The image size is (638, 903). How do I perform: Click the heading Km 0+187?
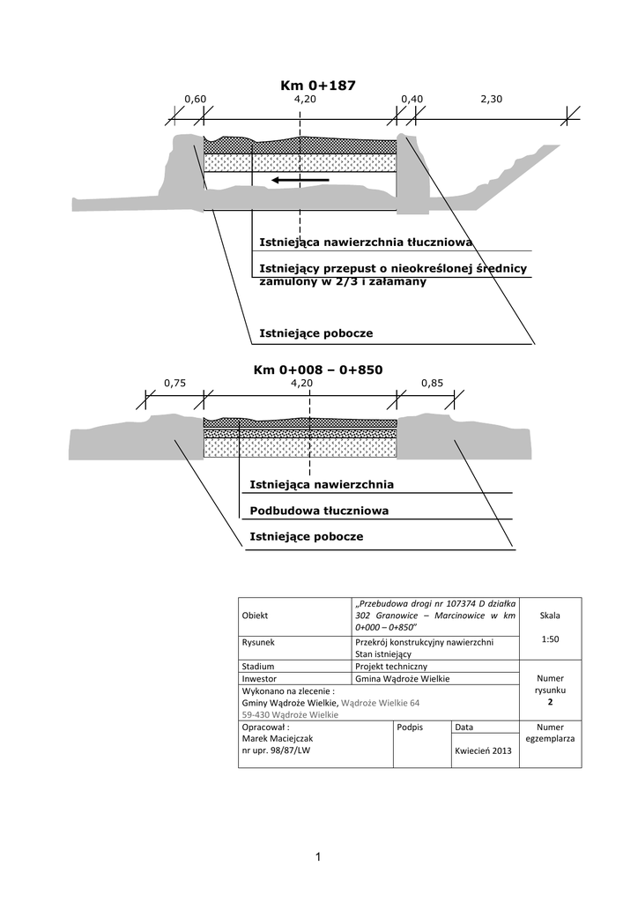click(318, 85)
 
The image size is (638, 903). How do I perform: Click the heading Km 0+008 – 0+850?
click(318, 369)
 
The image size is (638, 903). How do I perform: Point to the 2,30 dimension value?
click(491, 100)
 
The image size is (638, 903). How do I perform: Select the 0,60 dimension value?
click(195, 100)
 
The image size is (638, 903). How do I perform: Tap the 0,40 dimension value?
click(412, 100)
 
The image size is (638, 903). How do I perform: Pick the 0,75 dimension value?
click(175, 384)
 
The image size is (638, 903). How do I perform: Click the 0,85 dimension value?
click(432, 384)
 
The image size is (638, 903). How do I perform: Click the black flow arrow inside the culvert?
click(300, 180)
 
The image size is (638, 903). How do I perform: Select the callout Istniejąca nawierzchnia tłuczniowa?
click(366, 242)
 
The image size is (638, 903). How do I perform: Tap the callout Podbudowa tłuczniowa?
click(319, 511)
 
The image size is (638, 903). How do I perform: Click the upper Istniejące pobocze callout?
click(315, 333)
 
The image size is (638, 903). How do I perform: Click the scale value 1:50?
click(550, 639)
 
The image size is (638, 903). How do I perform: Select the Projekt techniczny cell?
click(390, 667)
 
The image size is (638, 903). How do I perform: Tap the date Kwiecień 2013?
click(483, 750)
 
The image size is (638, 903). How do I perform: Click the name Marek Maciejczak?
click(278, 738)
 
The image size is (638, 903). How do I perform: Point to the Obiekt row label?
click(255, 616)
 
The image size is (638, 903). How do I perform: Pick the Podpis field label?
click(411, 727)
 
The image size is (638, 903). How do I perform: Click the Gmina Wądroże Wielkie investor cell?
click(402, 679)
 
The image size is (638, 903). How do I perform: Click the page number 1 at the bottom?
click(318, 856)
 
